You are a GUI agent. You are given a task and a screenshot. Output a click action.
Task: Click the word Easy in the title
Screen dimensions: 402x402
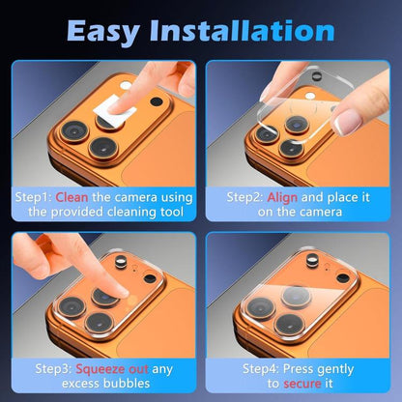(108, 31)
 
